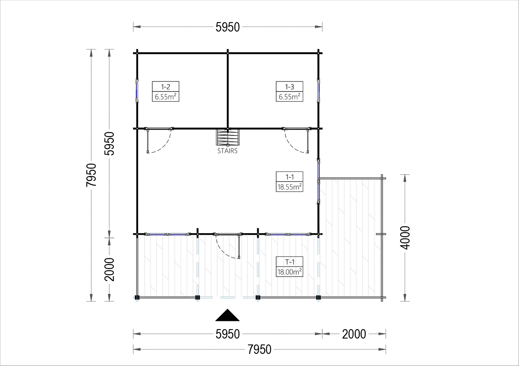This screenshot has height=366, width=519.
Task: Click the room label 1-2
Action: click(165, 87)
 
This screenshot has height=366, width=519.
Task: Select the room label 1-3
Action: click(289, 87)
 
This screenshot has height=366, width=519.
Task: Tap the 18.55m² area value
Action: click(289, 187)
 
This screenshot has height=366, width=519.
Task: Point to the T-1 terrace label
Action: click(290, 262)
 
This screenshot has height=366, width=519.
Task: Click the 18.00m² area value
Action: click(289, 272)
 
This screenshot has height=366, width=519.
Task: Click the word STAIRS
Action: click(227, 151)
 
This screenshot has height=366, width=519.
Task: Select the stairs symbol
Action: click(228, 137)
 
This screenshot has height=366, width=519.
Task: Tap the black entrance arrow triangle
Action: click(227, 315)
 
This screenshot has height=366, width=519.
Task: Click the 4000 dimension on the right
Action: click(405, 238)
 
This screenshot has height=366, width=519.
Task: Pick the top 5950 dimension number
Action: click(227, 27)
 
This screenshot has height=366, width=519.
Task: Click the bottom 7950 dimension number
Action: click(259, 349)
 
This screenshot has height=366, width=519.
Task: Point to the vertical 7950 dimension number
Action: click(91, 175)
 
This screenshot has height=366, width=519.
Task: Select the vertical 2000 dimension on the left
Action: click(109, 269)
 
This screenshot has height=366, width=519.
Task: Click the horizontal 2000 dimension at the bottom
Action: click(354, 334)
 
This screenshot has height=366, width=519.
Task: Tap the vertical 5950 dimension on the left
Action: click(109, 143)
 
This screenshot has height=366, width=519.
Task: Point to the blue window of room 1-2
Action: click(137, 91)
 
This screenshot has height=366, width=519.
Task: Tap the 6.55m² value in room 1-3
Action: click(289, 97)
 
